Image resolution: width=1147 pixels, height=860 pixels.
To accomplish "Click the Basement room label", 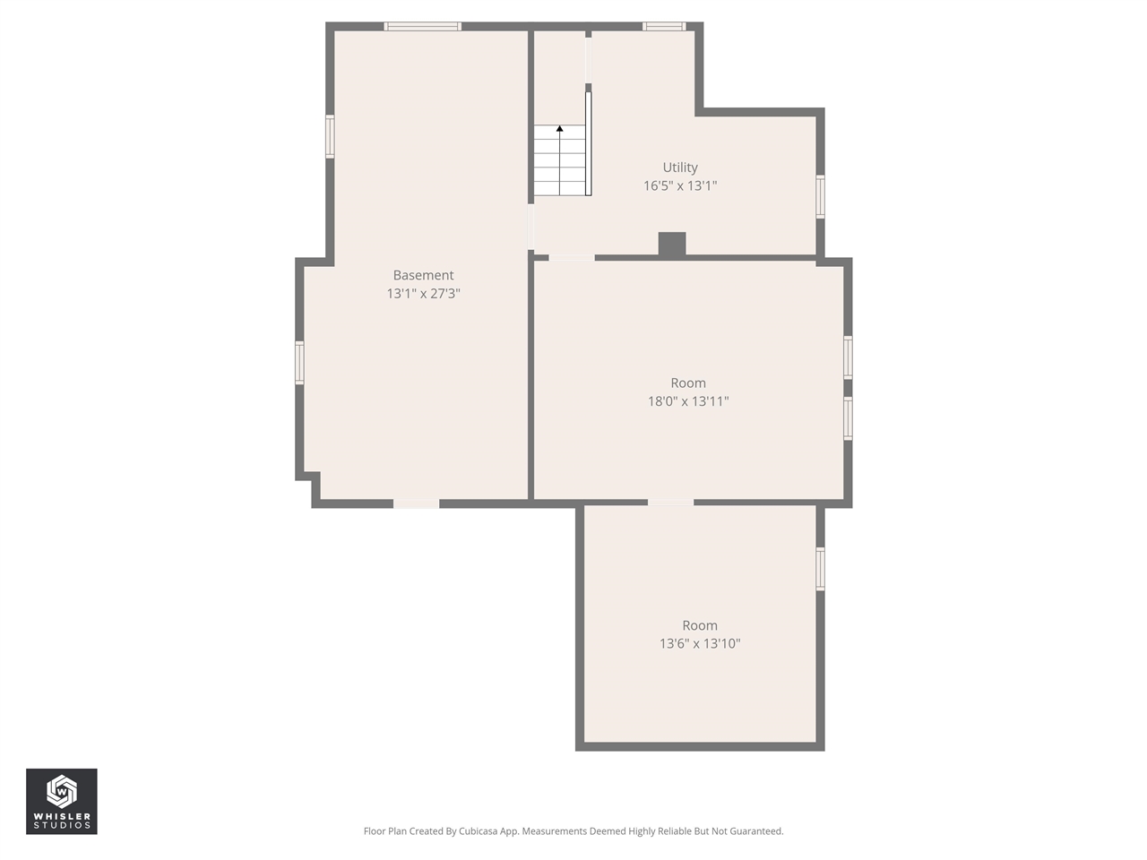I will point(423,275).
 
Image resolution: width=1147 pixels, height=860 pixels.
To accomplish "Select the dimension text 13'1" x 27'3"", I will point(423,294).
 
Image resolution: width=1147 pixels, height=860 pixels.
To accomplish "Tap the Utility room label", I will point(680,168).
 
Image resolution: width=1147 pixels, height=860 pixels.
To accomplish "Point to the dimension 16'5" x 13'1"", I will point(680,186).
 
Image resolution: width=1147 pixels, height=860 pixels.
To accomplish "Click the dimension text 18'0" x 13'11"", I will point(688,401).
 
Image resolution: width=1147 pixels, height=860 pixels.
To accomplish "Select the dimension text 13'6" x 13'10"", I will point(700,643).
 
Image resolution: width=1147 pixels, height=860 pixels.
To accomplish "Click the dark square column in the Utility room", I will point(672,244).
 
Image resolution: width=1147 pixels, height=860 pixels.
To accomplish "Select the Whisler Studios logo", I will point(62,802).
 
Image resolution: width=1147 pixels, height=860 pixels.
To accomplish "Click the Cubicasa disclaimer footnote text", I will point(573,831).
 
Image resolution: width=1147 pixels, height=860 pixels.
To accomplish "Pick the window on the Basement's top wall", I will point(423,27).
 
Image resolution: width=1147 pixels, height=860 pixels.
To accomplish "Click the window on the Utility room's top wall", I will point(664,27).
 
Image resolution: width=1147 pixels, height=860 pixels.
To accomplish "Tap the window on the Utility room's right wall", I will point(820,197).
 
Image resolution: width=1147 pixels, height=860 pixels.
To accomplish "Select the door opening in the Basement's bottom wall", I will point(417,504).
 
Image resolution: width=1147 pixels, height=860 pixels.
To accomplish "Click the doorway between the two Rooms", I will point(670,503).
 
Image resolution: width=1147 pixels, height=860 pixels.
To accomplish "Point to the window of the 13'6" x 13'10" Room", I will point(820,569).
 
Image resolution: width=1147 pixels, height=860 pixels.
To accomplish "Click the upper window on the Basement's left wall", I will point(330,137).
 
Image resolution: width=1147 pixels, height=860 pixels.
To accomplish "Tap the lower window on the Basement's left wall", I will point(300,363).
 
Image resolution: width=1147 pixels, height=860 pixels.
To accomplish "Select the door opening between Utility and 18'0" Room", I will point(572,258).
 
